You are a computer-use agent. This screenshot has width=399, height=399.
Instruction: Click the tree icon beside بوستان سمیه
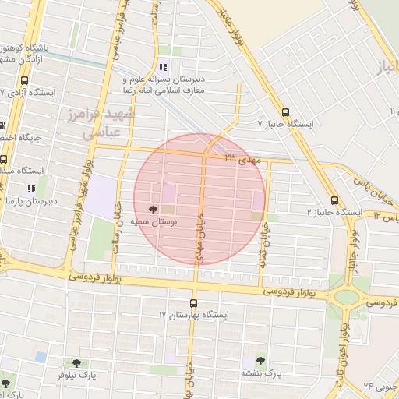[153, 209]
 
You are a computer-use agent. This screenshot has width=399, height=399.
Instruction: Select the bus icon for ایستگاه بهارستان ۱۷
[195, 302]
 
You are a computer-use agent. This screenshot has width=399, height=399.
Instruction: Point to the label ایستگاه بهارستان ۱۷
[195, 315]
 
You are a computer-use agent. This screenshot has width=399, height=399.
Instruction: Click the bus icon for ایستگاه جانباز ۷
[285, 111]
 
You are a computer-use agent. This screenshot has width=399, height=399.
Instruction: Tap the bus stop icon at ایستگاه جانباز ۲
[334, 199]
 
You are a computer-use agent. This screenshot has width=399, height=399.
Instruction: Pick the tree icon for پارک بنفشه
[260, 361]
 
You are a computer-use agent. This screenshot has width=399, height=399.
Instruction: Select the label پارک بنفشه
[261, 374]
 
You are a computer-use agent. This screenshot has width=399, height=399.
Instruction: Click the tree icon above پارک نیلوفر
[76, 362]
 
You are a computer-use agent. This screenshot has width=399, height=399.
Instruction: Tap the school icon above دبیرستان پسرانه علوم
[163, 66]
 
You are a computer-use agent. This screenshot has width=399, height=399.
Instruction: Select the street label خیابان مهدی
[199, 238]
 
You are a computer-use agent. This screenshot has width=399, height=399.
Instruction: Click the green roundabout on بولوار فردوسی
[346, 296]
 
